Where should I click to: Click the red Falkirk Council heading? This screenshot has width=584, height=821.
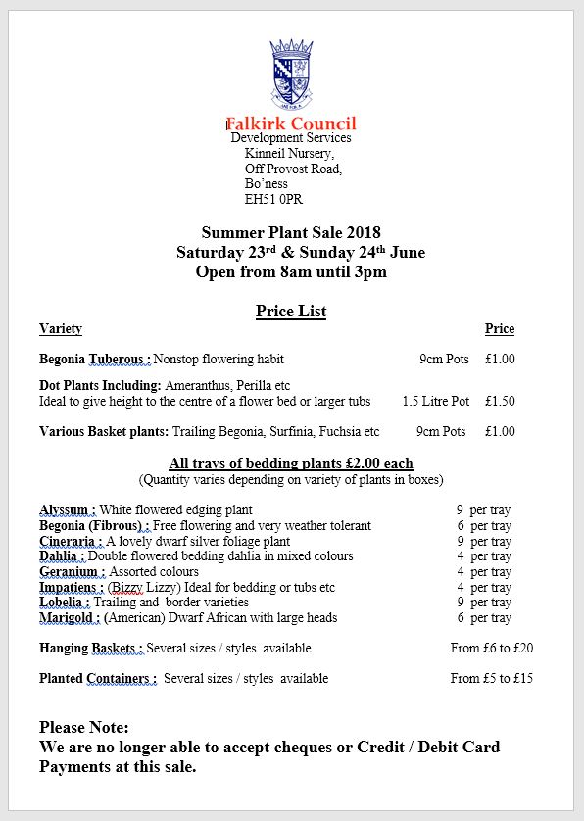(x=291, y=123)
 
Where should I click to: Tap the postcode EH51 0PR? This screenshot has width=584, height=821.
(x=273, y=199)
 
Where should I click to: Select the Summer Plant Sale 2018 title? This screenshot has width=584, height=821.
(x=291, y=232)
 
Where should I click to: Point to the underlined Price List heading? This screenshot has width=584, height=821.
(x=291, y=312)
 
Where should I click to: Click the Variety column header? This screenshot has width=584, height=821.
(x=61, y=329)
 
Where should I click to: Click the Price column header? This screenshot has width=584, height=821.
(x=499, y=329)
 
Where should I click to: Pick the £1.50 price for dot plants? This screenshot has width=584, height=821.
(x=500, y=401)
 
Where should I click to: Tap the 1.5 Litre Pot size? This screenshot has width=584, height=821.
(x=436, y=401)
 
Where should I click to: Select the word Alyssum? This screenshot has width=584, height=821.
(x=65, y=509)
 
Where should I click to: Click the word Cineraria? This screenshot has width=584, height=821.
(x=69, y=541)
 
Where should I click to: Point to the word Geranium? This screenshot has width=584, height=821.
(x=69, y=571)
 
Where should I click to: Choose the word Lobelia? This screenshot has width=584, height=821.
(x=64, y=602)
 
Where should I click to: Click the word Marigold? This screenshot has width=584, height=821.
(x=67, y=617)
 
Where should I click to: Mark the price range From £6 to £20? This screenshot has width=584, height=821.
(x=492, y=648)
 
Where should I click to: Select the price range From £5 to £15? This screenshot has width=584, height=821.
(x=492, y=678)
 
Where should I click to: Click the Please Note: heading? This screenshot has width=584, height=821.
(x=84, y=727)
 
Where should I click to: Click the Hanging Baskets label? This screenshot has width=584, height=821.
(x=91, y=648)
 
